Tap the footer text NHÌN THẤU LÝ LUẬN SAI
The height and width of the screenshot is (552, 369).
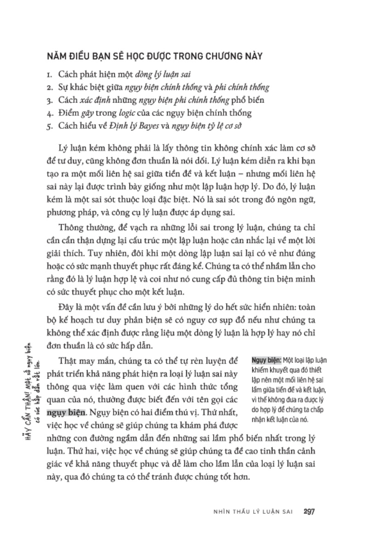coord(248,511)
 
